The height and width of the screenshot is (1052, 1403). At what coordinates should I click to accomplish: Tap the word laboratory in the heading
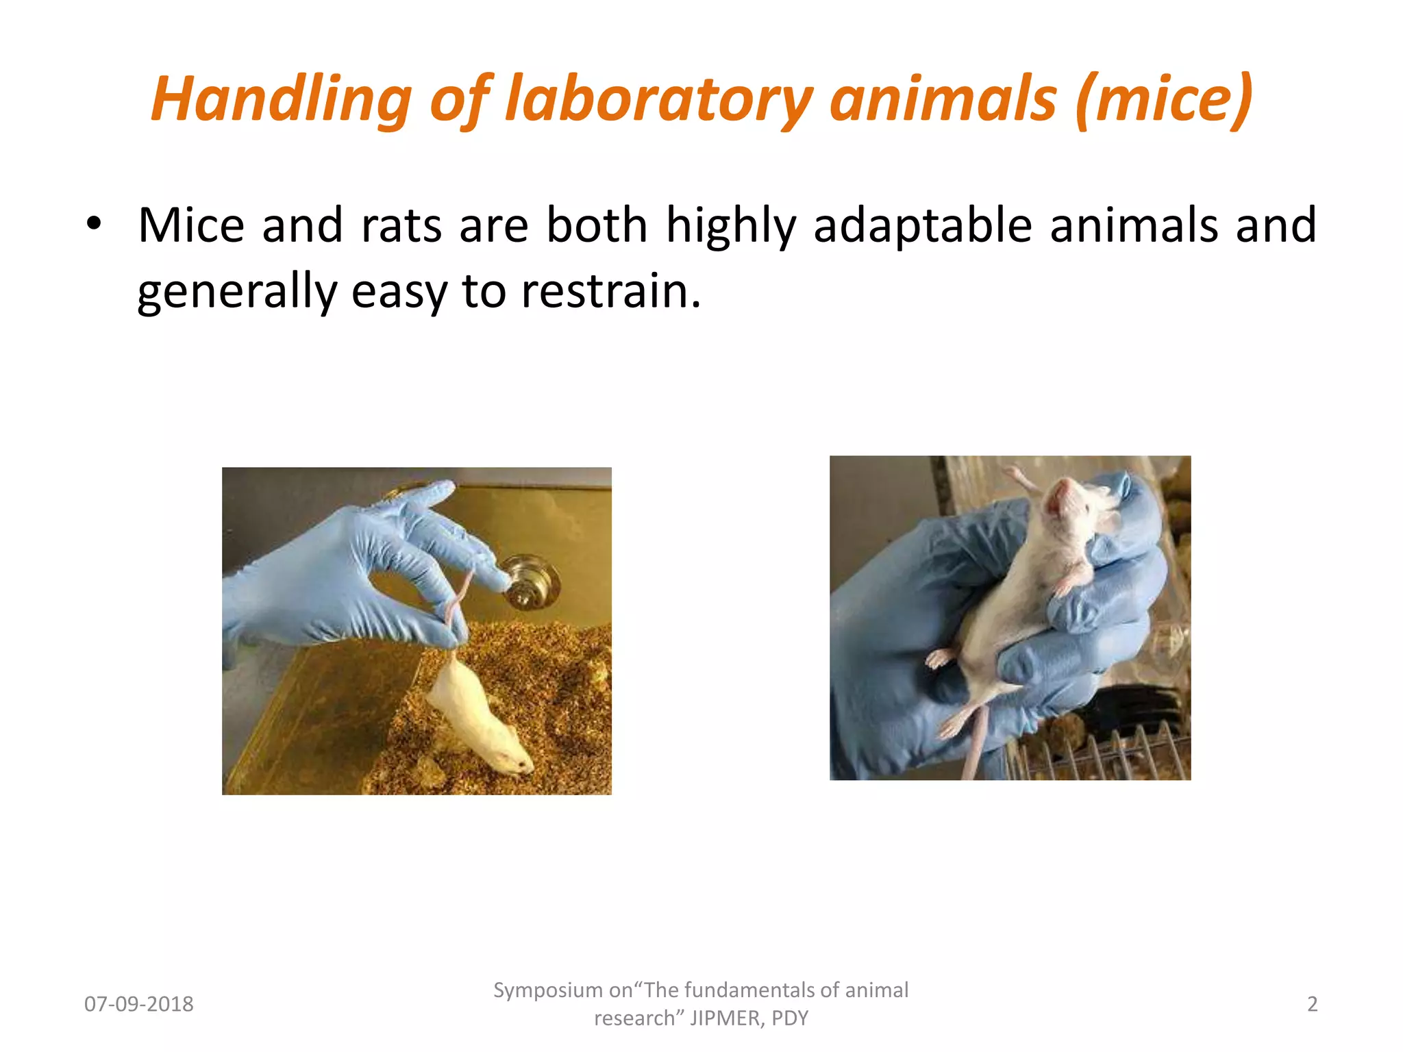point(658,99)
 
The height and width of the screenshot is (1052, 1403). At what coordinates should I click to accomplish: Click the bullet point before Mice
point(94,224)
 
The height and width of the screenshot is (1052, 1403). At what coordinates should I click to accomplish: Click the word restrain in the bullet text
point(610,291)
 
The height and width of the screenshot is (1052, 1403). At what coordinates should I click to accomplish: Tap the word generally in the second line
point(237,291)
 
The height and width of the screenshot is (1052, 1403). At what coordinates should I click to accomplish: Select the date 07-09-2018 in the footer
point(139,1004)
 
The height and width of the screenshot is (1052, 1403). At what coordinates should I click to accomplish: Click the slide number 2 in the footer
point(1312,1004)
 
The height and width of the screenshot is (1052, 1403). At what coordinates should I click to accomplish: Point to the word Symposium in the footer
point(547,990)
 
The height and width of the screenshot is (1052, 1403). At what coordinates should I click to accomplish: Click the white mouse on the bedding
point(480,719)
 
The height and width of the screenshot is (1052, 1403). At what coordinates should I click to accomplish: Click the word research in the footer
point(634,1018)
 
